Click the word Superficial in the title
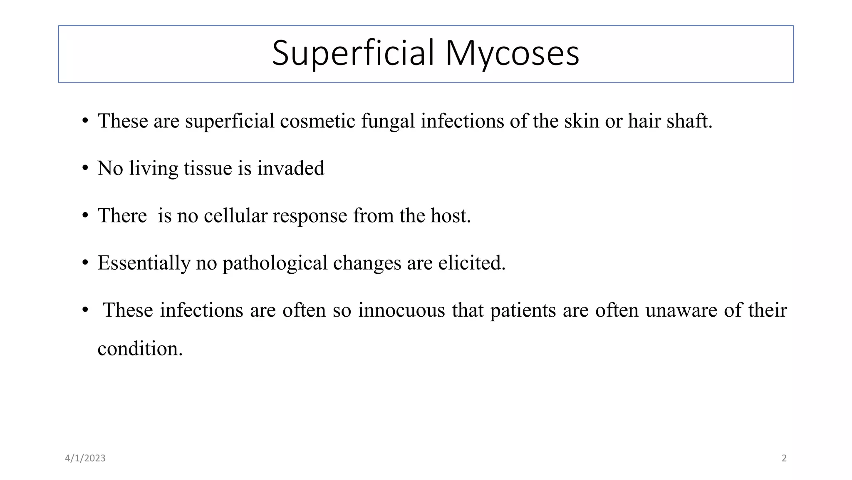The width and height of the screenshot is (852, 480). tap(353, 53)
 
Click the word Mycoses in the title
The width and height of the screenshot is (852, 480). tap(512, 53)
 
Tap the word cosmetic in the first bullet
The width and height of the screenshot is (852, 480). tap(317, 121)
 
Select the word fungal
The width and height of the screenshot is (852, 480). tap(388, 121)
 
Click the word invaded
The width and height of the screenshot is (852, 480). tap(290, 168)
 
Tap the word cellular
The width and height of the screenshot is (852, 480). tap(235, 216)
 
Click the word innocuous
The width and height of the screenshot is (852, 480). tap(401, 310)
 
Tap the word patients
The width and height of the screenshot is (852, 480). tap(523, 310)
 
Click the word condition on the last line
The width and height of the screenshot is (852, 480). tap(140, 349)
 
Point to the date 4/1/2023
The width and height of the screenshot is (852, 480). tap(85, 458)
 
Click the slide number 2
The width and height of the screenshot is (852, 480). tap(784, 458)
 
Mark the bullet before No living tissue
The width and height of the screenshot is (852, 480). tap(85, 168)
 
